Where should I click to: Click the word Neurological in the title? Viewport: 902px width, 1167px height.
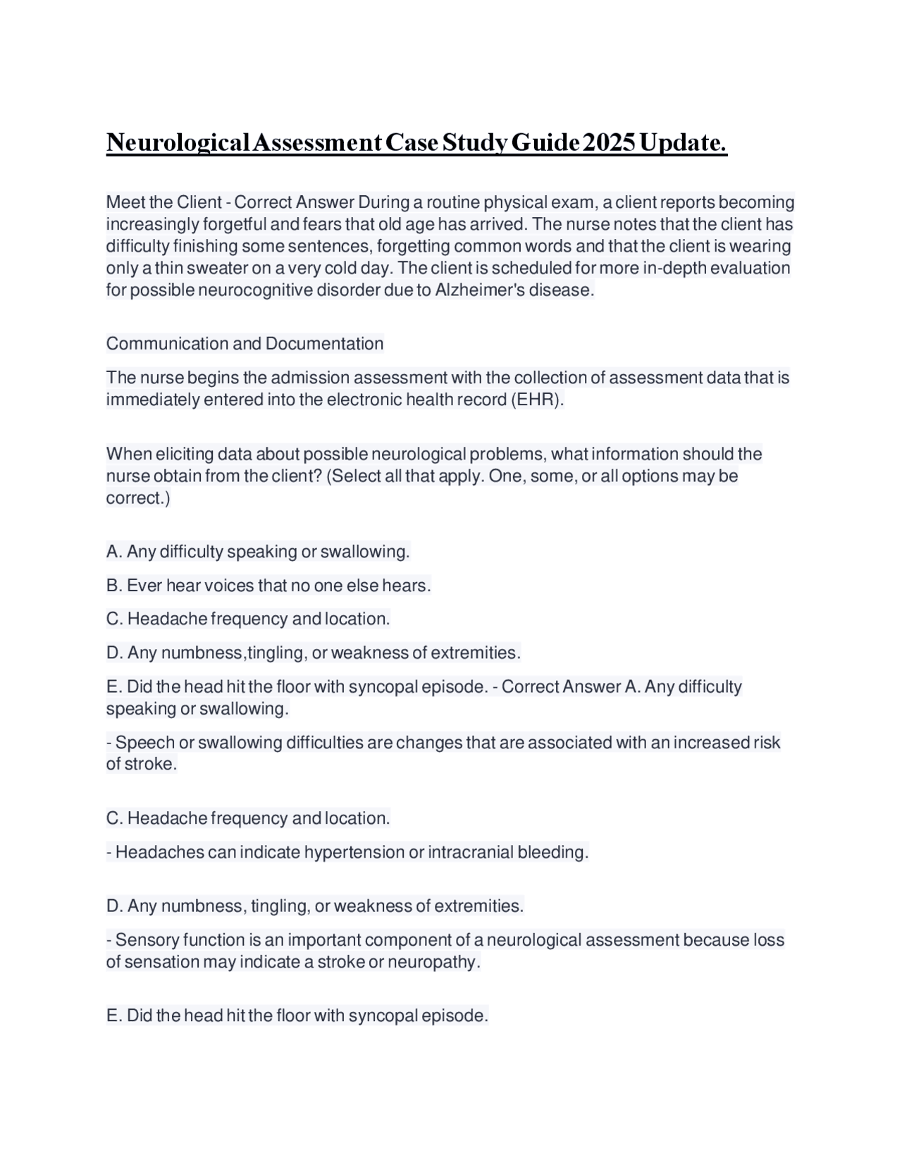pyautogui.click(x=178, y=143)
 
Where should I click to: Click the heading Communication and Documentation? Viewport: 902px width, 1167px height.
pyautogui.click(x=245, y=344)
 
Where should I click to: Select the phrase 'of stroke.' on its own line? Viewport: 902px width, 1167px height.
pyautogui.click(x=141, y=765)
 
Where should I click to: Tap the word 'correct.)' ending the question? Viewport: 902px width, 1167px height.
pyautogui.click(x=138, y=498)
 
